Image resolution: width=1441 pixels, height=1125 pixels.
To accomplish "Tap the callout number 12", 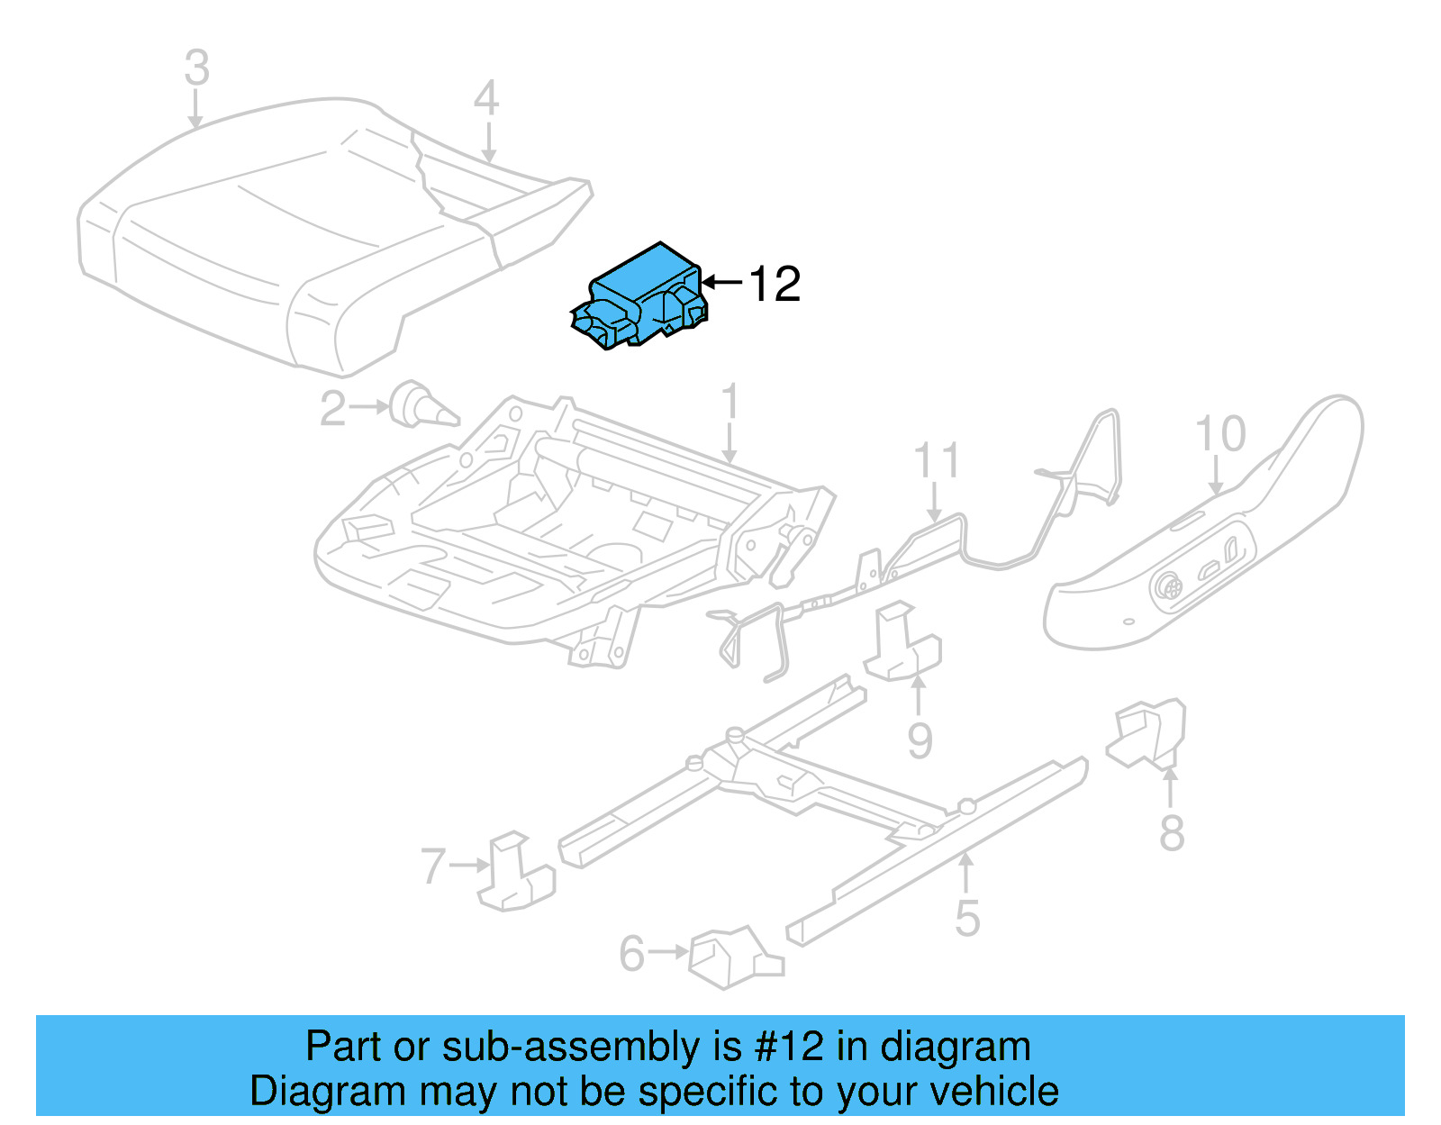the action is point(774,285).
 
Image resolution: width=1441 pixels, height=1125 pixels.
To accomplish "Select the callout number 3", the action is point(197,68).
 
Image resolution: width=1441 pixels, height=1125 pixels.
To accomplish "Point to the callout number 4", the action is point(486,98).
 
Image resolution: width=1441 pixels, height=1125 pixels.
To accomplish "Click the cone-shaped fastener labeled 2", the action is point(423,404).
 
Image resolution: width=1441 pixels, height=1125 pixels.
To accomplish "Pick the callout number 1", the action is point(730,401).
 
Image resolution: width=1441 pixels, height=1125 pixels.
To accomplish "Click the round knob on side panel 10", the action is point(1168,586).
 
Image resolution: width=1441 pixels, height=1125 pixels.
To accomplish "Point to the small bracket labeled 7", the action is point(516,870).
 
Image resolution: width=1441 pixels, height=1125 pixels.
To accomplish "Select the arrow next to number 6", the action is point(669,952).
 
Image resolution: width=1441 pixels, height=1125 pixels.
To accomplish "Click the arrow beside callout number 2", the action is point(369,407).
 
